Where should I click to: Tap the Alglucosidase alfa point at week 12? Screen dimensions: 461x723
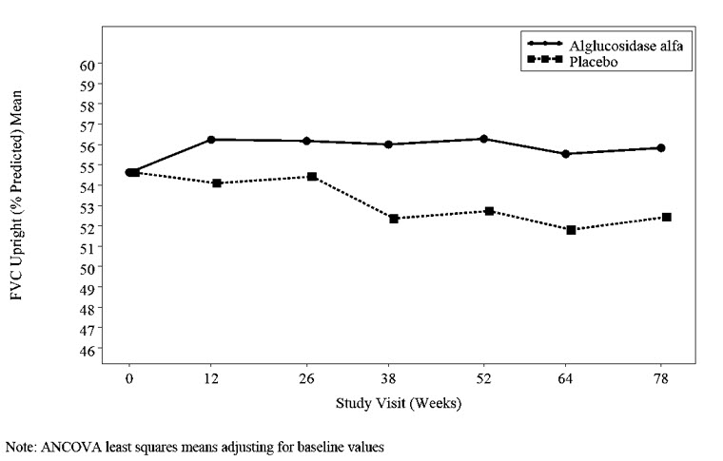[x=211, y=140]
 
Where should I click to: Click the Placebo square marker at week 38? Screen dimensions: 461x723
[x=393, y=219]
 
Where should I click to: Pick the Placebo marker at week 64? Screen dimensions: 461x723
[x=571, y=230]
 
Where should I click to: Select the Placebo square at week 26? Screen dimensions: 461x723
[x=312, y=177]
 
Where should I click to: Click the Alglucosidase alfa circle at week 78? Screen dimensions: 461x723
[x=660, y=148]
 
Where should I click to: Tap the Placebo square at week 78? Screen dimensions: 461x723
[x=667, y=218]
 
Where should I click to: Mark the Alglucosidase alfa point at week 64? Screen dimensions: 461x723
[x=566, y=154]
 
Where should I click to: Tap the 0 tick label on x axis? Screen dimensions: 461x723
[x=128, y=378]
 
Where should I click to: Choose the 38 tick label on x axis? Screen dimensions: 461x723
[x=393, y=378]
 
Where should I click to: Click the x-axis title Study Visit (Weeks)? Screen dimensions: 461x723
[x=398, y=403]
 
